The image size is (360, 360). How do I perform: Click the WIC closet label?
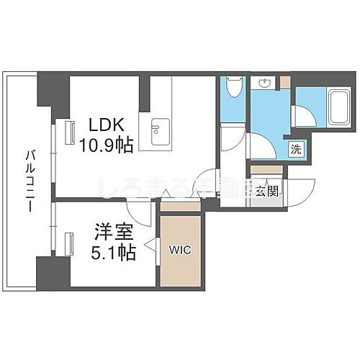pos(180,250)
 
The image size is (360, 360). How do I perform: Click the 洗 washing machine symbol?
pos(295,150)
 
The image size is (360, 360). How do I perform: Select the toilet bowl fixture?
pos(232,90)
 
